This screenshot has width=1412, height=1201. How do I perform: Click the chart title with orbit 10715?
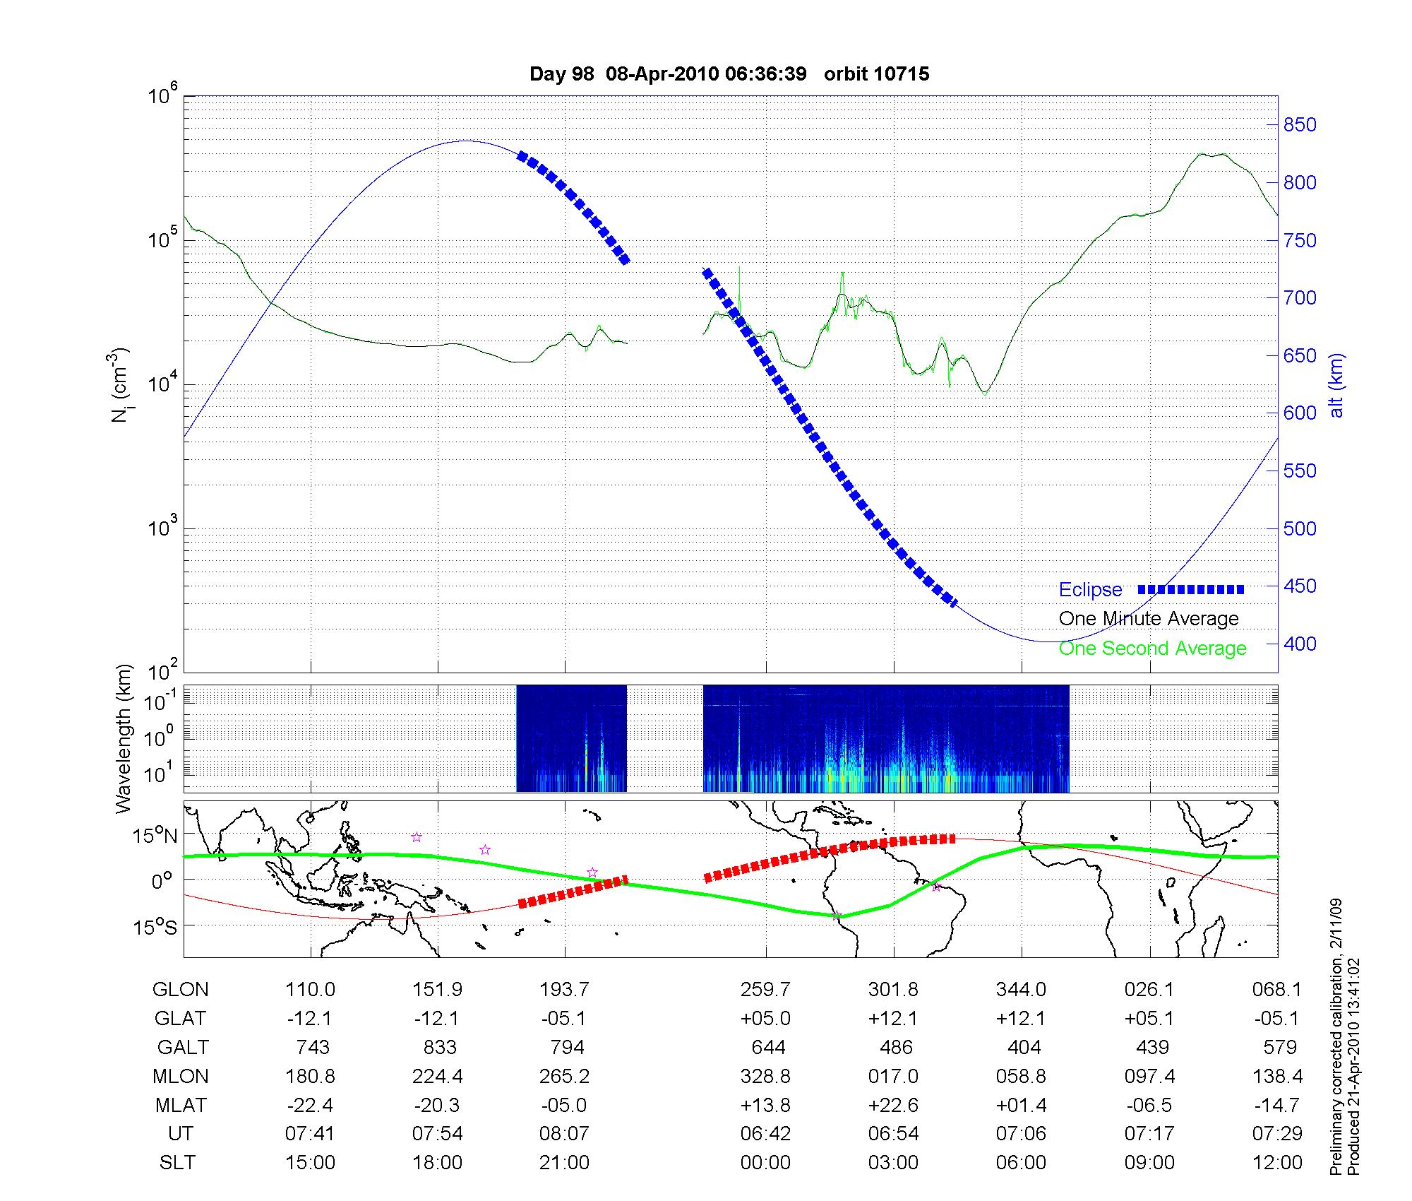729,73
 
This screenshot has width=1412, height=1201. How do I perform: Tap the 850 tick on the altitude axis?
1300,125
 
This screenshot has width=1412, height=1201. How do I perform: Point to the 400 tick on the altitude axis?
1300,644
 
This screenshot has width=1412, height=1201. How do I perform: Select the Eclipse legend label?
1090,590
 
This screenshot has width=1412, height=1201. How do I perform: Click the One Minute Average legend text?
1149,619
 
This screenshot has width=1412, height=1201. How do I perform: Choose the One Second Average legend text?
1152,649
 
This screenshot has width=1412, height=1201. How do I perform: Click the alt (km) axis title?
1336,385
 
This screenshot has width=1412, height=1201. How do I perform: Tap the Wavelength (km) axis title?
123,738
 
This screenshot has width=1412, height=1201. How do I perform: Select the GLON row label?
181,989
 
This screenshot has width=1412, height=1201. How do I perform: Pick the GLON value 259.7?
765,989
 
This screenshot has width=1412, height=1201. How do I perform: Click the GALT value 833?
438,1047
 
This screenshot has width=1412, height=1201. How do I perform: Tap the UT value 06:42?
765,1134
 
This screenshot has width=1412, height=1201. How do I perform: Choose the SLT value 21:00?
564,1162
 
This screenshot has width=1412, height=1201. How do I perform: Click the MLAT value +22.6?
894,1105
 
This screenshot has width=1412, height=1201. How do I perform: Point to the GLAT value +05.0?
765,1018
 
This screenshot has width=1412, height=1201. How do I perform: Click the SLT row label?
177,1162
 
